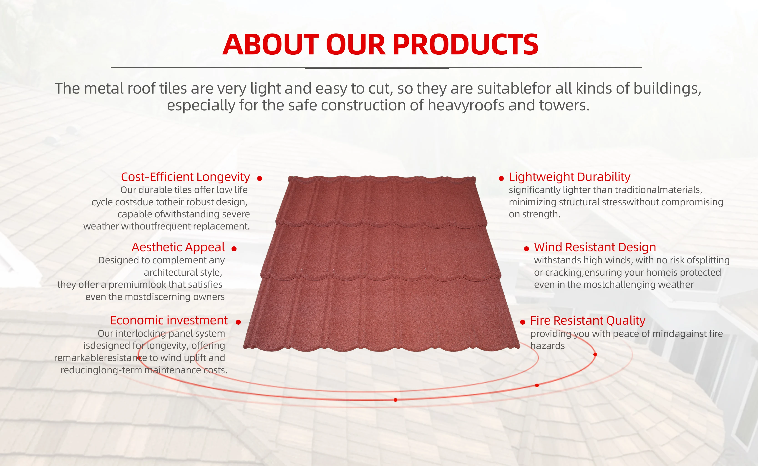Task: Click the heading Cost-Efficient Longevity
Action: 185,177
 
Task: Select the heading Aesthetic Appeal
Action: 178,247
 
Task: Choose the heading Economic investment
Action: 169,320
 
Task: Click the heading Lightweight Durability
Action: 569,177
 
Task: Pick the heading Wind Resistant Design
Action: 595,247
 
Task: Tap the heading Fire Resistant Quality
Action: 588,321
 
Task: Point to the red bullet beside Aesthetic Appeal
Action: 234,249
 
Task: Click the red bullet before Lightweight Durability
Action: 501,178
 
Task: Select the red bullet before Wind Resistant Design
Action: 526,249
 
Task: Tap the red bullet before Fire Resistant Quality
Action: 522,322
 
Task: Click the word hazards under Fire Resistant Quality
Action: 547,346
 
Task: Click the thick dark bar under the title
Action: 377,67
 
